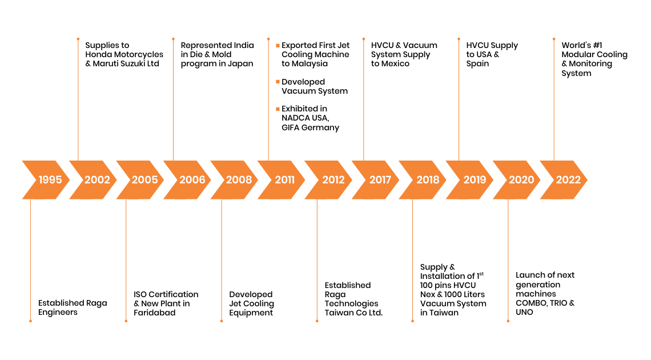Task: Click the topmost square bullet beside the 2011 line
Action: (278, 45)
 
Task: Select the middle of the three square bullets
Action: (278, 82)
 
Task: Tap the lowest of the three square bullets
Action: (278, 109)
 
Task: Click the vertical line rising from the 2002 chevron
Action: (78, 100)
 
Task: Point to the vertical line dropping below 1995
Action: (30, 260)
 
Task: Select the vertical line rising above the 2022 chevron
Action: (554, 100)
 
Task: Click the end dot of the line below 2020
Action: (508, 321)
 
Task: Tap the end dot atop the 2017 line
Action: (363, 39)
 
